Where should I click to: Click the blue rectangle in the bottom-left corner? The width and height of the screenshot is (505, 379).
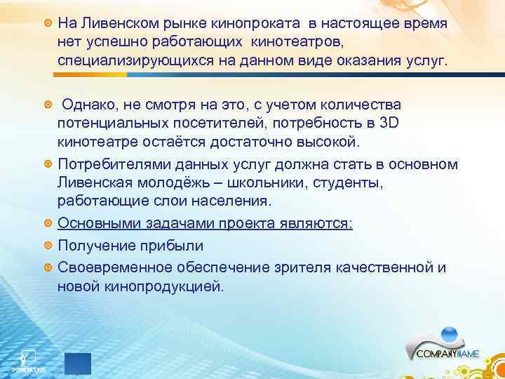77,364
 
